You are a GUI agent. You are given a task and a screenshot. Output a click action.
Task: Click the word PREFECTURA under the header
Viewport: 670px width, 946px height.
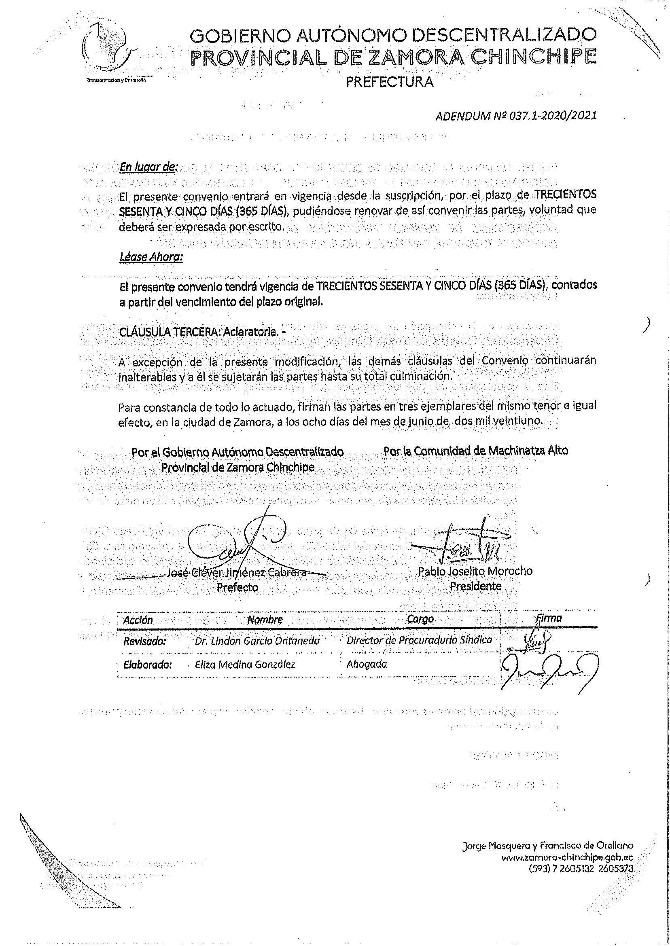click(x=390, y=83)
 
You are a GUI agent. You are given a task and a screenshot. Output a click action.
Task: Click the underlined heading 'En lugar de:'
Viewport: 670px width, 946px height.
click(x=148, y=167)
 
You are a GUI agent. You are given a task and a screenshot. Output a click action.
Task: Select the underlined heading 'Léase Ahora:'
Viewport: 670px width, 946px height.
click(x=151, y=257)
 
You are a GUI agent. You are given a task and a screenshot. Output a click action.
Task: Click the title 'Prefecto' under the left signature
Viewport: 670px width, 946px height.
click(x=237, y=587)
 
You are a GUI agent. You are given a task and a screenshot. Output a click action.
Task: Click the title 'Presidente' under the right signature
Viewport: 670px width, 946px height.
click(x=475, y=586)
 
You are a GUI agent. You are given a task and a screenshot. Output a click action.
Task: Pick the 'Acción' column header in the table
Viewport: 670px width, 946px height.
click(x=138, y=620)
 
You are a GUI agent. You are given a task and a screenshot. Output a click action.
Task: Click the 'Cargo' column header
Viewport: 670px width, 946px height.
click(x=420, y=619)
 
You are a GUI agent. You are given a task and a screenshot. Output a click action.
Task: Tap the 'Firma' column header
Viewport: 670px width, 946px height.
click(x=548, y=618)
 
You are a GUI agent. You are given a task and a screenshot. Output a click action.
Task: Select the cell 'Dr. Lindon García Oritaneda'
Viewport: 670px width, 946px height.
click(x=258, y=642)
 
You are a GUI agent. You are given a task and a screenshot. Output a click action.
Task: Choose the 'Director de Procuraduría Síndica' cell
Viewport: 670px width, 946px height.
click(x=419, y=640)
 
